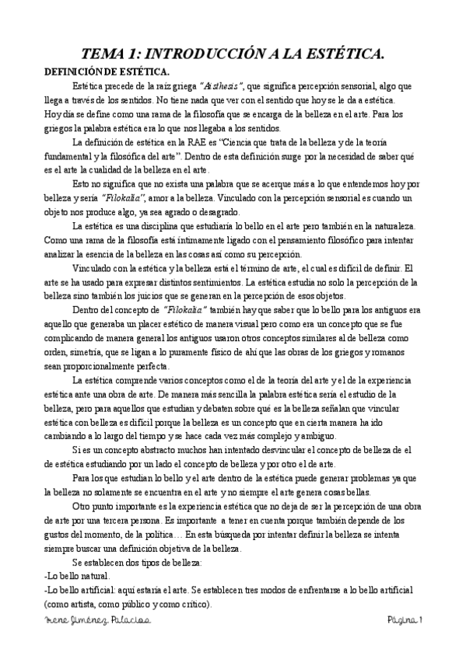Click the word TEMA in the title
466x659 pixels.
click(106, 54)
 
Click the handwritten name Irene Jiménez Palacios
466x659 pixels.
click(97, 619)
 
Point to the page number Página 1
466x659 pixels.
click(405, 619)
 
